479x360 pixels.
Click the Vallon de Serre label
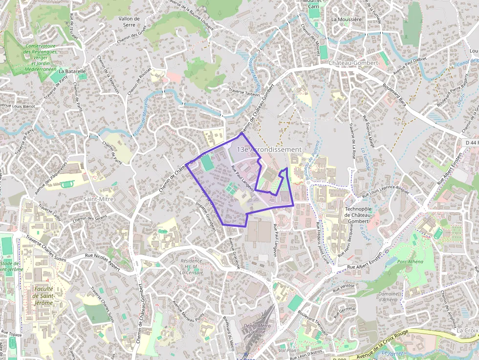coord(129,21)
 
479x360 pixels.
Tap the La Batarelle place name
coord(72,71)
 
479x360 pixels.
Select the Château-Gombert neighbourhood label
coord(353,63)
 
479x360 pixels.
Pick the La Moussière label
coord(346,20)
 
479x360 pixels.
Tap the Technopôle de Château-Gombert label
coord(362,215)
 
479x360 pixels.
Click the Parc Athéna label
coord(411,261)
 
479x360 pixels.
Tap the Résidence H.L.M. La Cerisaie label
coord(191,267)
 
